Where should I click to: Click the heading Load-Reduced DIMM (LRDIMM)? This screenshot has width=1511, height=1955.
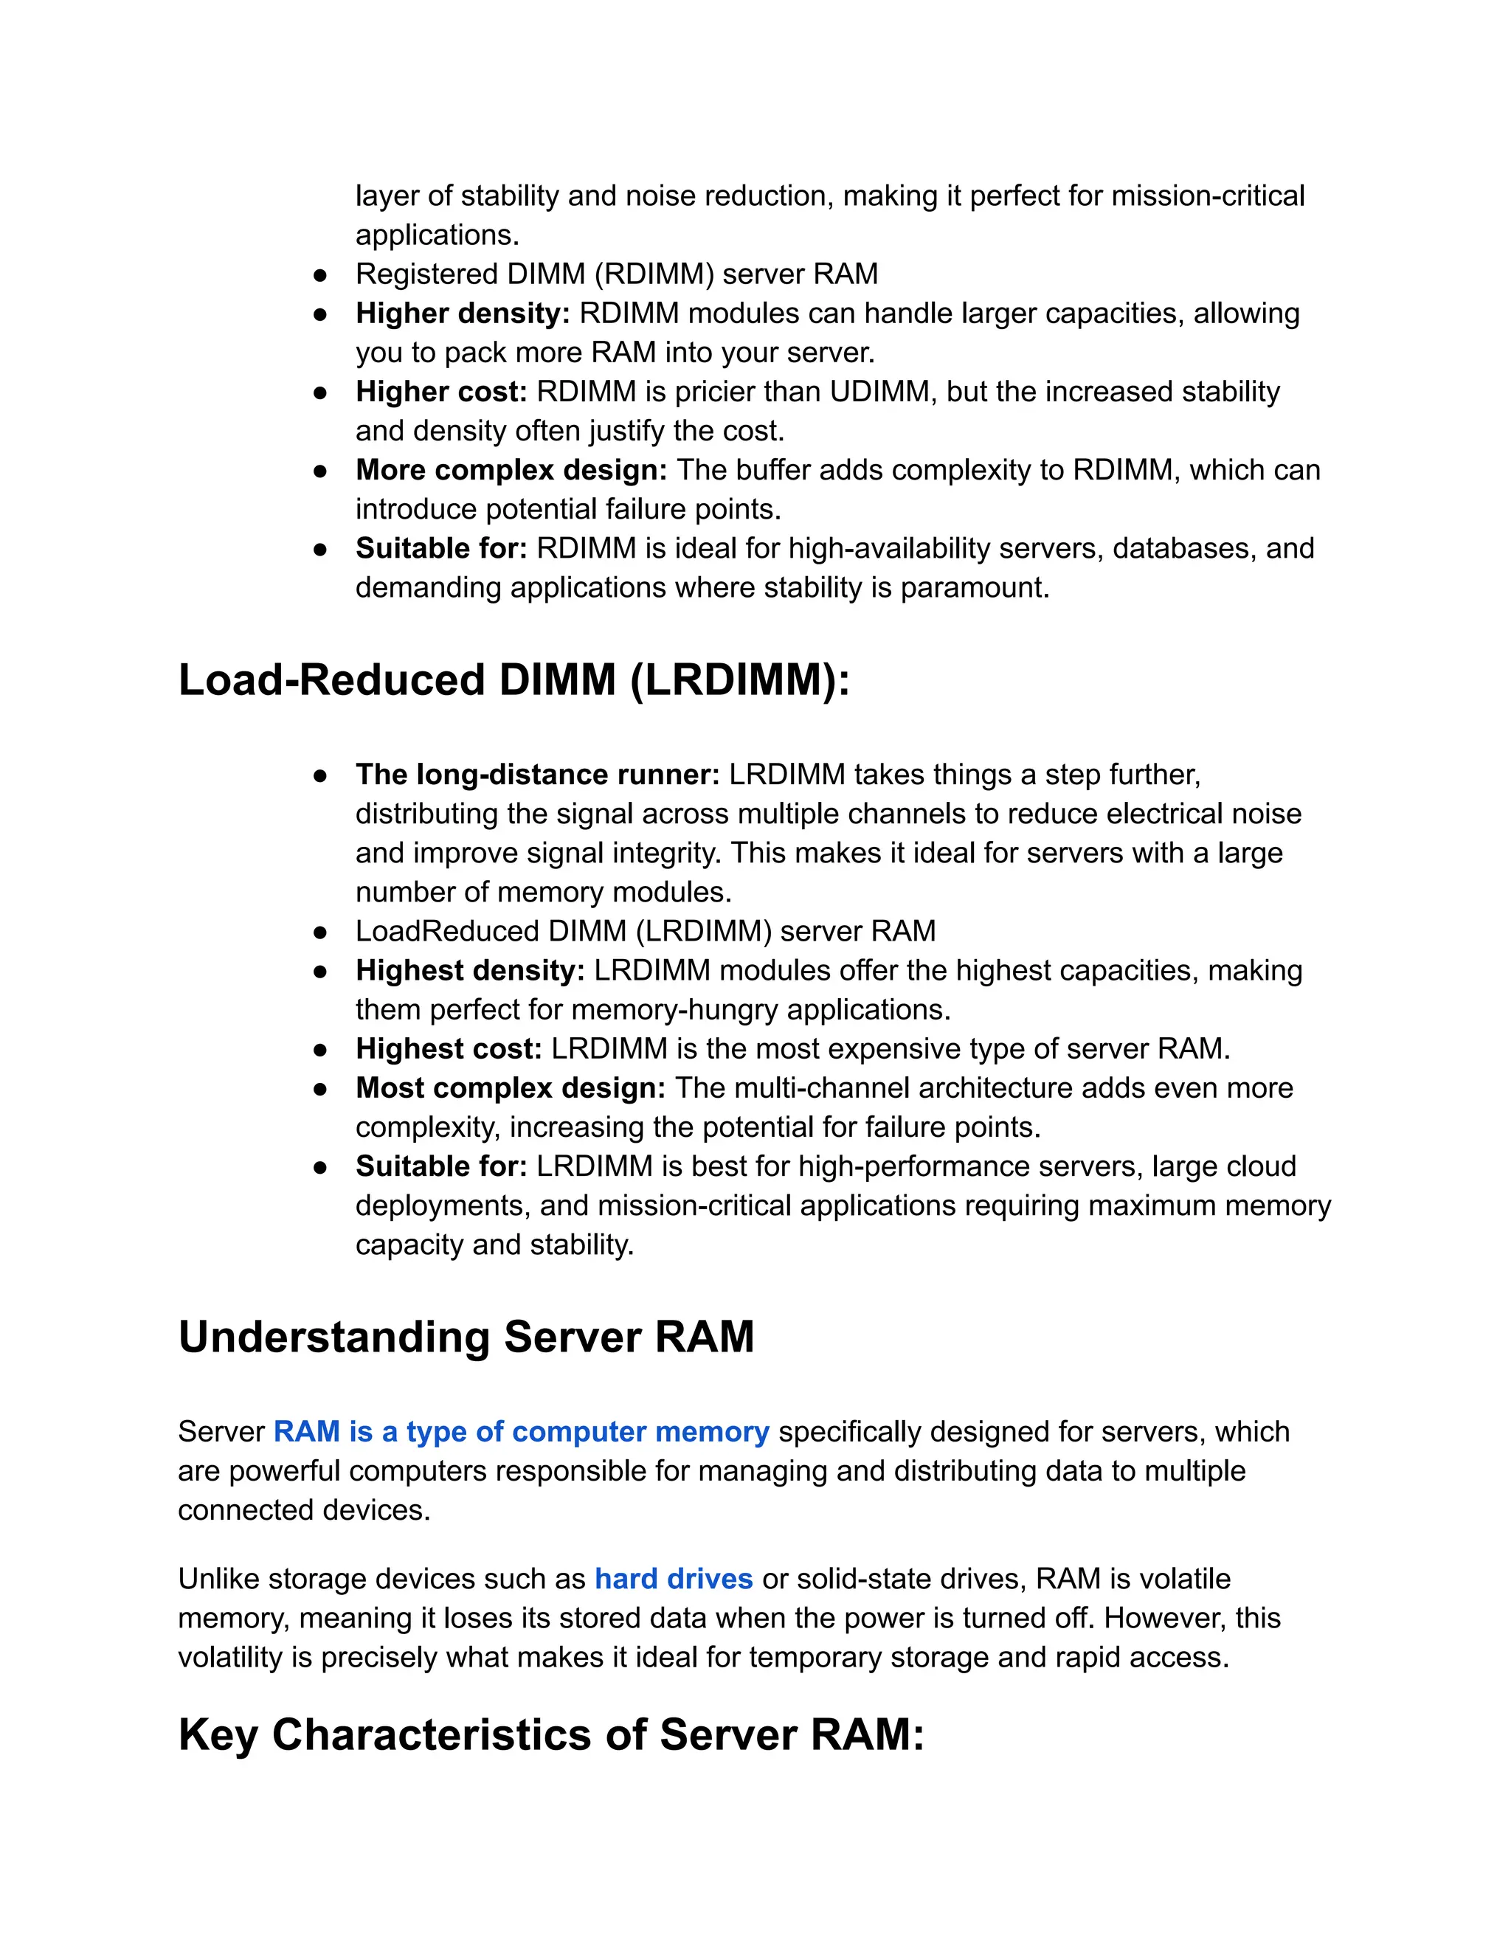click(514, 680)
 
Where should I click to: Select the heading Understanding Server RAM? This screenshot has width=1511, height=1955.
click(466, 1338)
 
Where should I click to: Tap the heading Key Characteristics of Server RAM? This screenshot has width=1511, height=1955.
click(550, 1735)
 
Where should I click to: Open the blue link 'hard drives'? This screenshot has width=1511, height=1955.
click(673, 1578)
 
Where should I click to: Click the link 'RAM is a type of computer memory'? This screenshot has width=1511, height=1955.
click(521, 1431)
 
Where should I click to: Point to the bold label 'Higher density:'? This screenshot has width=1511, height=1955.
click(462, 314)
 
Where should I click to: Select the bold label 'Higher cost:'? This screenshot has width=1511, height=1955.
click(441, 391)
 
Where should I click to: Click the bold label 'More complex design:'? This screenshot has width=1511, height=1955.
click(511, 470)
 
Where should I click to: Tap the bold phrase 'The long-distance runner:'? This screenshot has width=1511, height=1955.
click(537, 775)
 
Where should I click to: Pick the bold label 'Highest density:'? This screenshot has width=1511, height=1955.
click(470, 970)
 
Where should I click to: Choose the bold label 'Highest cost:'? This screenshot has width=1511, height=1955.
click(449, 1048)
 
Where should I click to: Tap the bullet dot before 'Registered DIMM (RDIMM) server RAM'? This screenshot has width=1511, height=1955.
click(319, 274)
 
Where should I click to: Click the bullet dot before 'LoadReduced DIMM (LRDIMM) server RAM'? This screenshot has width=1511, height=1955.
click(319, 932)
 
